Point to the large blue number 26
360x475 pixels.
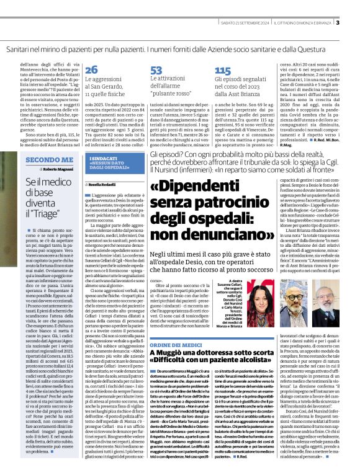tap(91, 70)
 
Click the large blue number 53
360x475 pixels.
tap(156, 70)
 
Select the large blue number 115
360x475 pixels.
tap(222, 70)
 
